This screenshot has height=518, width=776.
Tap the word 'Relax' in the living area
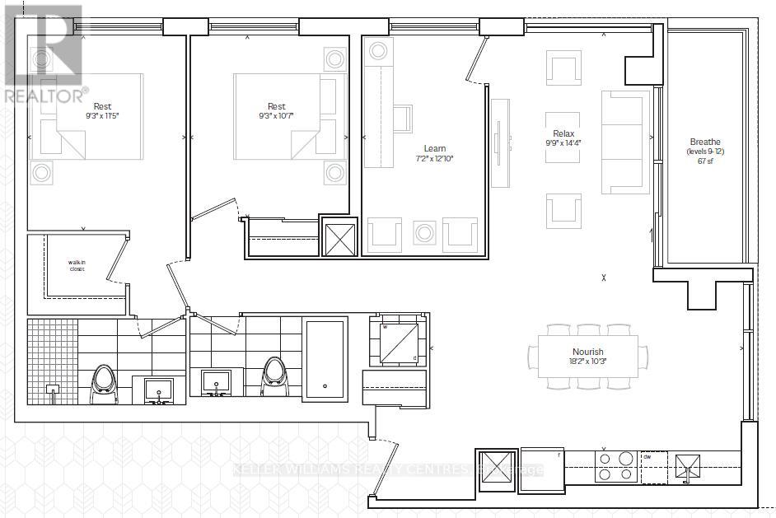point(563,133)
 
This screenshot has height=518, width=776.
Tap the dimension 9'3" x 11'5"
point(102,116)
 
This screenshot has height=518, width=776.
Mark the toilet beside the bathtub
point(274,376)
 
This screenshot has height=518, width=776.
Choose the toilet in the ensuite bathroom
point(103,380)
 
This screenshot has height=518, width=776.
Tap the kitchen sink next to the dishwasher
point(685,467)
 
